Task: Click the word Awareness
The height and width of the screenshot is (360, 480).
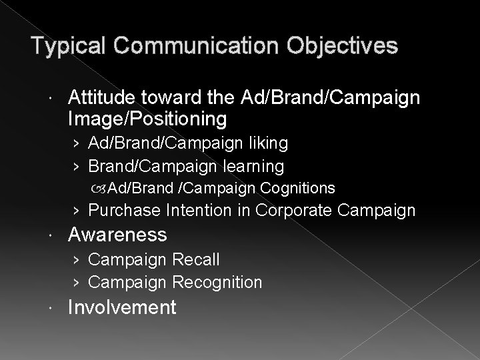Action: pyautogui.click(x=117, y=235)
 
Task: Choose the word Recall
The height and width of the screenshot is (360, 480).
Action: pyautogui.click(x=195, y=259)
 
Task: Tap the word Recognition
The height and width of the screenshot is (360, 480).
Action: pyautogui.click(x=217, y=282)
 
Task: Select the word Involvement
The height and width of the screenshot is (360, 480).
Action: pyautogui.click(x=122, y=307)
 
